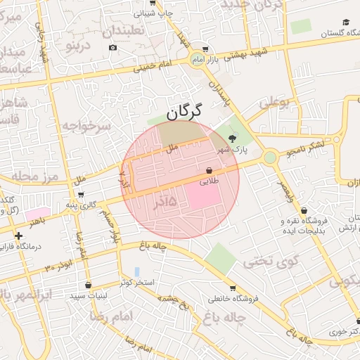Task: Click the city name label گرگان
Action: (185, 111)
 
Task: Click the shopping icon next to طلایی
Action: (210, 170)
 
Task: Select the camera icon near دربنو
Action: (113, 47)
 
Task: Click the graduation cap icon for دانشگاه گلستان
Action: (345, 22)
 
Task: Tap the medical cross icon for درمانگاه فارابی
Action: (18, 236)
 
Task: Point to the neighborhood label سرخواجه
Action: (86, 126)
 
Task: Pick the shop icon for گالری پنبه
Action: (81, 195)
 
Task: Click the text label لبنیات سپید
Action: (88, 295)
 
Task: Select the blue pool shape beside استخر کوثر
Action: (137, 271)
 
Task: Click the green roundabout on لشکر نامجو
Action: (270, 158)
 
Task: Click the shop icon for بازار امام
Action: (205, 50)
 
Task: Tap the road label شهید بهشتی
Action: (243, 53)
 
